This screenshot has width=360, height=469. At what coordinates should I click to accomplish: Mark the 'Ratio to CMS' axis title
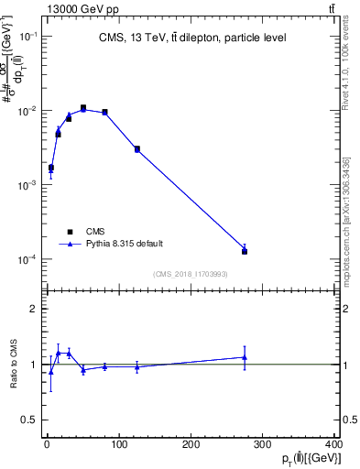14,364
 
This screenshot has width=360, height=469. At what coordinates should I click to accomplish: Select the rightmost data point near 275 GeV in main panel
245,251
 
